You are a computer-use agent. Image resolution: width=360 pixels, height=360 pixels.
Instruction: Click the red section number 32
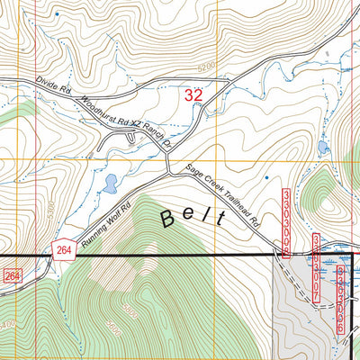coord(193,94)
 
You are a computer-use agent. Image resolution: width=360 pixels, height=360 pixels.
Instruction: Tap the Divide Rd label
coord(53,85)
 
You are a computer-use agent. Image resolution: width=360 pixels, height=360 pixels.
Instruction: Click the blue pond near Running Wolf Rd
coord(110,184)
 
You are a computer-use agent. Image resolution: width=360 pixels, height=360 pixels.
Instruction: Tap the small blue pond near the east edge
coord(323,147)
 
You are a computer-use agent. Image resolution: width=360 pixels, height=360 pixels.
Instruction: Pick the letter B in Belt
coord(168,218)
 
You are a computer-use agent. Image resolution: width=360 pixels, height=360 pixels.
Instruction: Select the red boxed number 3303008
coord(287,223)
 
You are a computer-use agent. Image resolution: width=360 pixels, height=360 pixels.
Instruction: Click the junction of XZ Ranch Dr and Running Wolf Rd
coord(168,171)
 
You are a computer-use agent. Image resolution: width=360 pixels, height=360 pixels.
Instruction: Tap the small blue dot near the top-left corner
coord(56,14)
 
